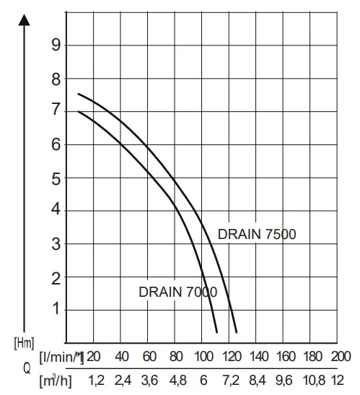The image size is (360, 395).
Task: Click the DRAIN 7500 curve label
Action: (x=257, y=234)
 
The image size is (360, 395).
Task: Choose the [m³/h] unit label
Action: (x=61, y=379)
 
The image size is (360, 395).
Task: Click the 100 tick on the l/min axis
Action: (x=204, y=357)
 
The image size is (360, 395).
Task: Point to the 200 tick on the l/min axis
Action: (x=341, y=357)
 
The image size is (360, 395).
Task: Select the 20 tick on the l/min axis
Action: (x=95, y=357)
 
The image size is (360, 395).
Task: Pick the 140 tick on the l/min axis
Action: (x=258, y=357)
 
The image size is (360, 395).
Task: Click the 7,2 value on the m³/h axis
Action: (x=231, y=379)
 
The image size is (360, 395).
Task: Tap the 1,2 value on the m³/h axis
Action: (x=95, y=379)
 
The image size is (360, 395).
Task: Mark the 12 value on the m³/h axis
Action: (x=341, y=379)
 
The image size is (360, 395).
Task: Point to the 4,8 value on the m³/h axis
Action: (x=176, y=379)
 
